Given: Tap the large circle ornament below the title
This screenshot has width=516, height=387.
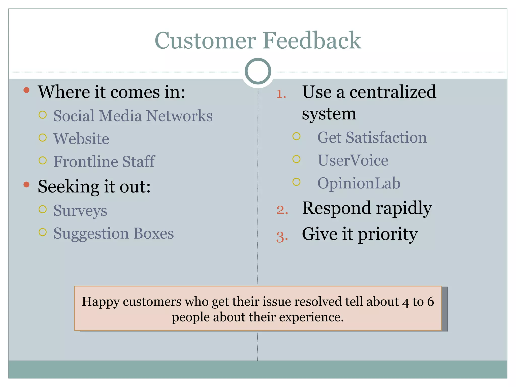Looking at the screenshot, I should pos(258,71).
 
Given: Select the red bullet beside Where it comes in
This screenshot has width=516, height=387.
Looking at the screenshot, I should pos(26,90).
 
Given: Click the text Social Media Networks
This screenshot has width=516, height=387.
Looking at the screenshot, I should pos(133,116).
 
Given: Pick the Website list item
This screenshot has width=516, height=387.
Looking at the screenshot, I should pos(81,139).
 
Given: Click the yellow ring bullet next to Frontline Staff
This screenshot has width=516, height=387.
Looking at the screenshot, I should pos(43,160).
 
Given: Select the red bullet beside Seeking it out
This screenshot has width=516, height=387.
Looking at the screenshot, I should pos(26,185).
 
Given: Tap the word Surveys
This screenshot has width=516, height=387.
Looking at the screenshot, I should pos(80,211).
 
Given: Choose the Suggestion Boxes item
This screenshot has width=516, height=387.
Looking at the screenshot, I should pos(113,233).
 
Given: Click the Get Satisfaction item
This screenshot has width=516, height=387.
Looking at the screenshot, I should pos(372,138).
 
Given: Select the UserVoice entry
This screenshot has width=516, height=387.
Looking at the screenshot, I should pos(353,160).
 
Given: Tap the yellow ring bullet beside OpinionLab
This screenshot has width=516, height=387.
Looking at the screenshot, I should pos(297,182).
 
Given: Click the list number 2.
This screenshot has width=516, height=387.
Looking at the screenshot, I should pos(282,210).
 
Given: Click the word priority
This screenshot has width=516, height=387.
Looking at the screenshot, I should pos(388,234).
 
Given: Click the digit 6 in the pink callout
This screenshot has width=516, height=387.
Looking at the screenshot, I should pos(430,302).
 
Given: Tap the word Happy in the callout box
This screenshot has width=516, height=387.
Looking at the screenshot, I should pos(100,302).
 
